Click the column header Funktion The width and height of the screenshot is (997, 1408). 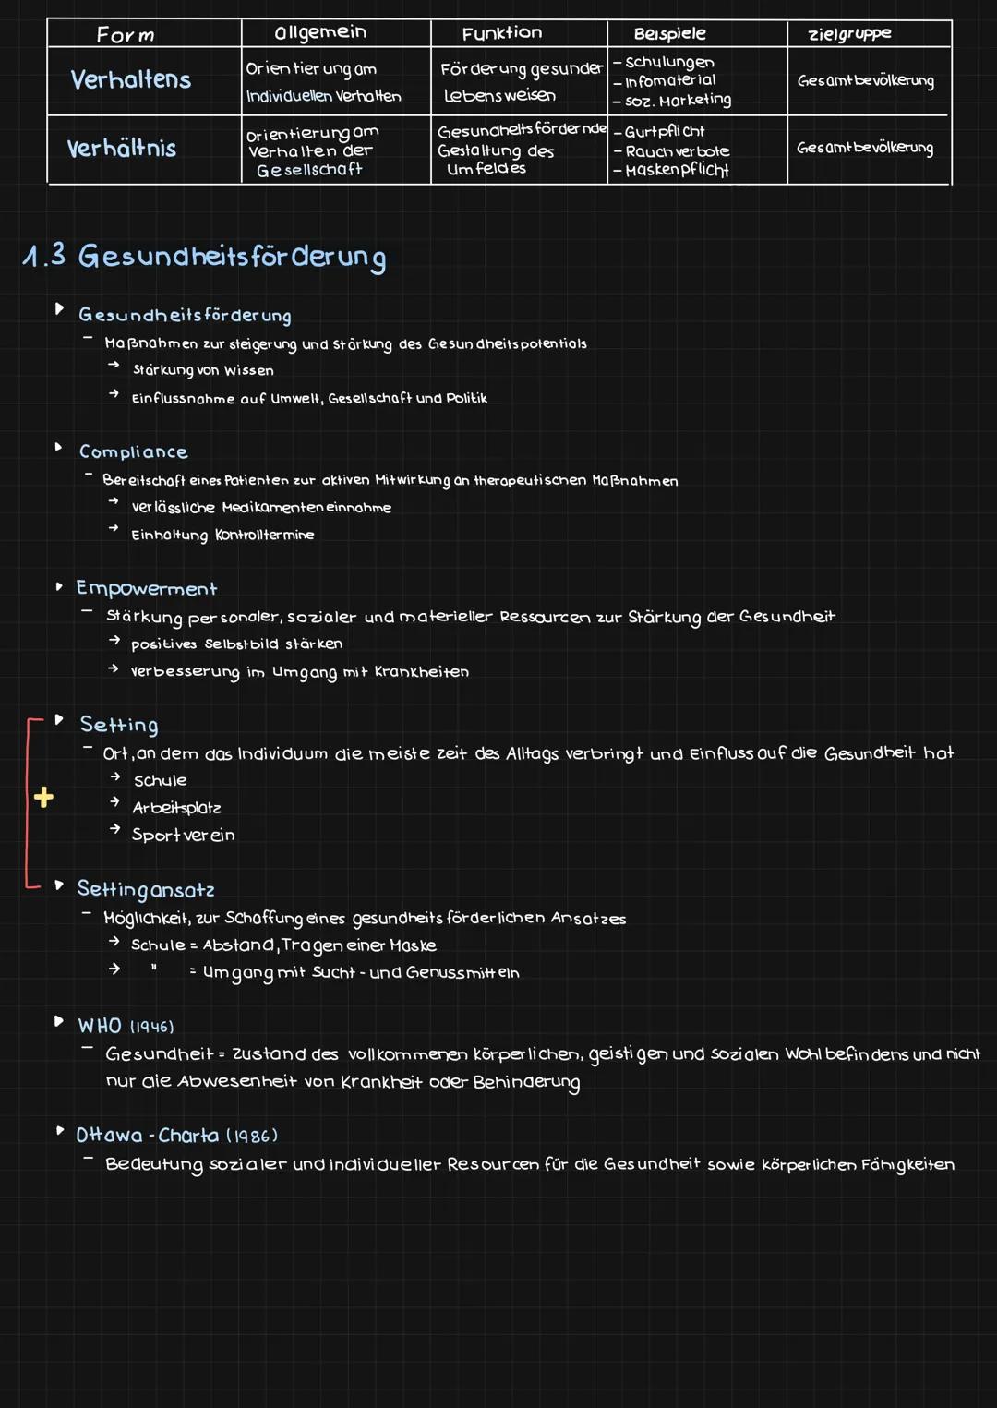[x=502, y=33]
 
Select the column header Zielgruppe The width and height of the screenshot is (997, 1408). [x=849, y=34]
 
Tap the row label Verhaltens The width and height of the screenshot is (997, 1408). [x=131, y=79]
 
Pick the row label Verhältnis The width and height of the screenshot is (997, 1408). [x=122, y=148]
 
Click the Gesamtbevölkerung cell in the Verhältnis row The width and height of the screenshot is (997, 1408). [x=865, y=148]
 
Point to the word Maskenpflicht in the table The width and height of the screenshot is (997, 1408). [x=677, y=170]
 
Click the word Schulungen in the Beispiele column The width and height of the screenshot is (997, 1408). [x=669, y=62]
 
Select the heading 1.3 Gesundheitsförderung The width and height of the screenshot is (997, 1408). [x=204, y=256]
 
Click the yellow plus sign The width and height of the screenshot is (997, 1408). [x=43, y=797]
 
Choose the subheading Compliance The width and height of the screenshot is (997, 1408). [x=133, y=451]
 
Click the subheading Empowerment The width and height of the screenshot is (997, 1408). [x=146, y=588]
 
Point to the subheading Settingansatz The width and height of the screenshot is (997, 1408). [x=146, y=889]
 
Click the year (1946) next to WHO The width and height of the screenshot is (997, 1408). [x=151, y=1027]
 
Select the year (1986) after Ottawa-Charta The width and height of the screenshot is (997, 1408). [x=252, y=1136]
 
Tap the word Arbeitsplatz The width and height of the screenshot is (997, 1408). [x=176, y=808]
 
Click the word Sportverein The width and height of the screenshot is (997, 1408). [x=183, y=835]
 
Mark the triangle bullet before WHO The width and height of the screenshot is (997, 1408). [x=59, y=1021]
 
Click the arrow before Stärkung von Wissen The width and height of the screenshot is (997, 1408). [x=114, y=366]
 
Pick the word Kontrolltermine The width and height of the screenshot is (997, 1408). [x=264, y=535]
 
